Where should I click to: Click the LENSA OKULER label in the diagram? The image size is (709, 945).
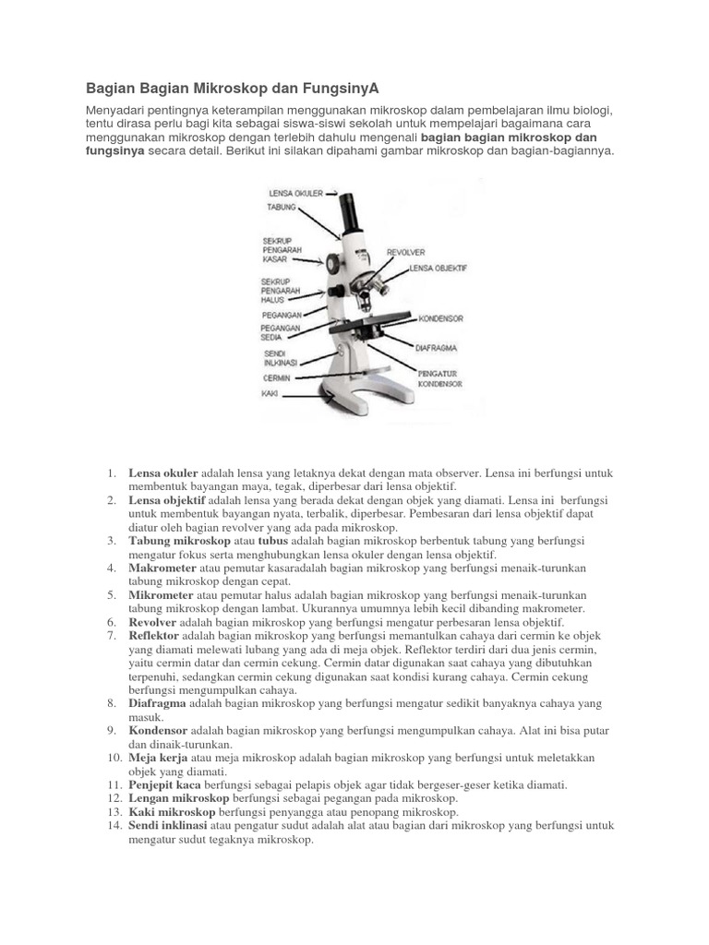pos(295,194)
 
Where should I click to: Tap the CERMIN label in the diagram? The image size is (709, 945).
pos(276,377)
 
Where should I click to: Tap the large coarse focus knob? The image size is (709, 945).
pos(331,263)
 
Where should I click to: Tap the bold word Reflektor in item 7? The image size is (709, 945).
pos(153,636)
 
